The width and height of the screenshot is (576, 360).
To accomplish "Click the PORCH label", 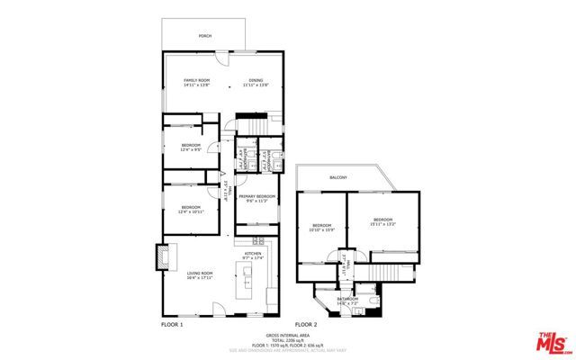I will (x=204, y=37).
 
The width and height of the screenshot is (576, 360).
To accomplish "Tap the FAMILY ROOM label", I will (x=196, y=80).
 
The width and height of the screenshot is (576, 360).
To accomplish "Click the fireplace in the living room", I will (x=163, y=256).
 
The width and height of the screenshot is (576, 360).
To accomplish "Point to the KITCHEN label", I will (x=253, y=254).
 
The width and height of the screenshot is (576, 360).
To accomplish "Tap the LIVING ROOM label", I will (x=199, y=273).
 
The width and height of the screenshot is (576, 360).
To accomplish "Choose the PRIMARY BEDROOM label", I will (x=256, y=195).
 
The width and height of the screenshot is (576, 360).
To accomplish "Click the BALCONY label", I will (x=338, y=177).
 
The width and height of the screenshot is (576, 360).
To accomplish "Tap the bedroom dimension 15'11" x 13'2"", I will (x=383, y=224).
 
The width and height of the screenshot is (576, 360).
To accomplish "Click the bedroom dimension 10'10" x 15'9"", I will (x=322, y=229).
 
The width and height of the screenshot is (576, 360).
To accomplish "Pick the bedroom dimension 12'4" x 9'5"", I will (x=190, y=149).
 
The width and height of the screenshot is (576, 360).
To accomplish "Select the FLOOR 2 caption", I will (x=306, y=323).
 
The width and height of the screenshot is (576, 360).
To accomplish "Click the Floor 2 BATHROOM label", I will (x=347, y=298).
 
